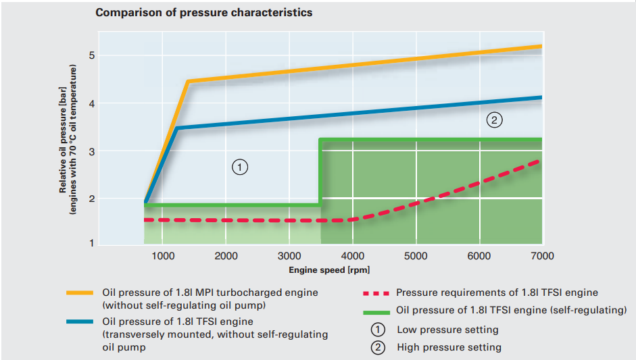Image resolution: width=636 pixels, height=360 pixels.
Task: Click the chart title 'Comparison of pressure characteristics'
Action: click(x=203, y=13)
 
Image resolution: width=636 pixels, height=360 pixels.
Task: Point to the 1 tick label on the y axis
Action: click(x=91, y=243)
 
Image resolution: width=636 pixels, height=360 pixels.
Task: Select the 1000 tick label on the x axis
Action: click(x=162, y=256)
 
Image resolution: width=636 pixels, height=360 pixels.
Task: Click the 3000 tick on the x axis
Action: click(x=289, y=256)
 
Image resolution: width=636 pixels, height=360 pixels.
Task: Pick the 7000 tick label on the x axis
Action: click(x=542, y=256)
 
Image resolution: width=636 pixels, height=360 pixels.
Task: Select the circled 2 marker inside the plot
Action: click(x=494, y=121)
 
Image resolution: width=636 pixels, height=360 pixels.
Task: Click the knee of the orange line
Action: click(x=187, y=82)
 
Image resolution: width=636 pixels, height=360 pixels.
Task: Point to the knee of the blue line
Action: click(x=176, y=128)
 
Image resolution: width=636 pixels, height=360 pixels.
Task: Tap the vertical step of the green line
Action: click(x=320, y=172)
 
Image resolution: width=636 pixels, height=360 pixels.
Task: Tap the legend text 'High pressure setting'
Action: click(x=449, y=347)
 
